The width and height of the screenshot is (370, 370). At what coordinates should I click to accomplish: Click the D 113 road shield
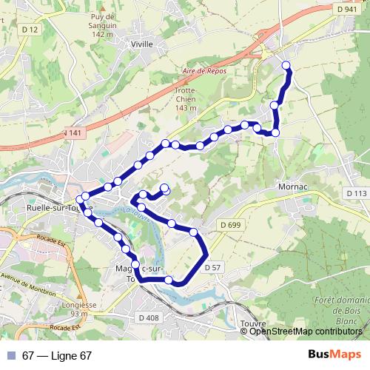point(356,193)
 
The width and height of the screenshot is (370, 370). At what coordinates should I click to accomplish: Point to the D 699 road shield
point(231,224)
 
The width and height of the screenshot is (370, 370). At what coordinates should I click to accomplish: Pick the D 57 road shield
point(212,266)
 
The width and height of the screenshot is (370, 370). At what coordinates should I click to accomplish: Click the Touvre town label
point(253,323)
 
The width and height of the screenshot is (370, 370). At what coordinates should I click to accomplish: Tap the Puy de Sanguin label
point(102,25)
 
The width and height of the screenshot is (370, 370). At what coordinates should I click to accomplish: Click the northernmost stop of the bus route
point(286,66)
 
